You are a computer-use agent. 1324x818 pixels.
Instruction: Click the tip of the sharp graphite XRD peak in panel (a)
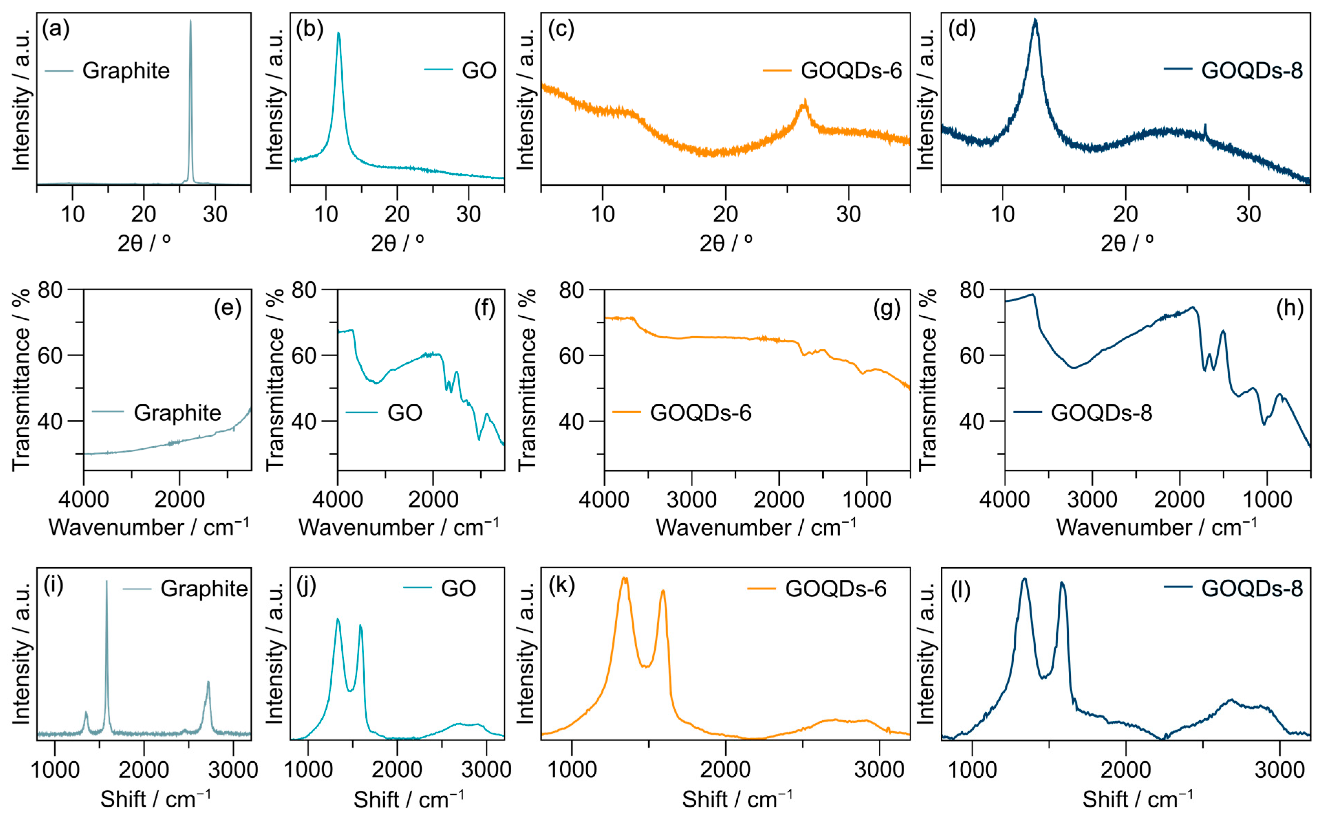click(190, 22)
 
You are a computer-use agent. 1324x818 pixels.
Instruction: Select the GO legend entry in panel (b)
click(479, 71)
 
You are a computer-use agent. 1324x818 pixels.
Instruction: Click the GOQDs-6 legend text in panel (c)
click(851, 71)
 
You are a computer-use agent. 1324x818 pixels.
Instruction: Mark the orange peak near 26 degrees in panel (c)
click(805, 102)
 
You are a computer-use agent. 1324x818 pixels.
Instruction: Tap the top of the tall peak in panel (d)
click(1035, 21)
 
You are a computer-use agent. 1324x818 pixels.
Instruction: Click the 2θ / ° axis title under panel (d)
click(1127, 243)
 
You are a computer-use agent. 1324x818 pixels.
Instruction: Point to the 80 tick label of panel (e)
click(50, 291)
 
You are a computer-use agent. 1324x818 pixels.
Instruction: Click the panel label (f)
click(484, 308)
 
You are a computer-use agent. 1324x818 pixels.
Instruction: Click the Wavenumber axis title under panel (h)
click(1156, 527)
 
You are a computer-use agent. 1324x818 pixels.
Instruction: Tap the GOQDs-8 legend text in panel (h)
click(1101, 413)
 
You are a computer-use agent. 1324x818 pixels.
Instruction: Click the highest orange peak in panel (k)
click(624, 579)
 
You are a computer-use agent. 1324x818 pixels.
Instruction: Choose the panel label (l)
click(960, 591)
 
